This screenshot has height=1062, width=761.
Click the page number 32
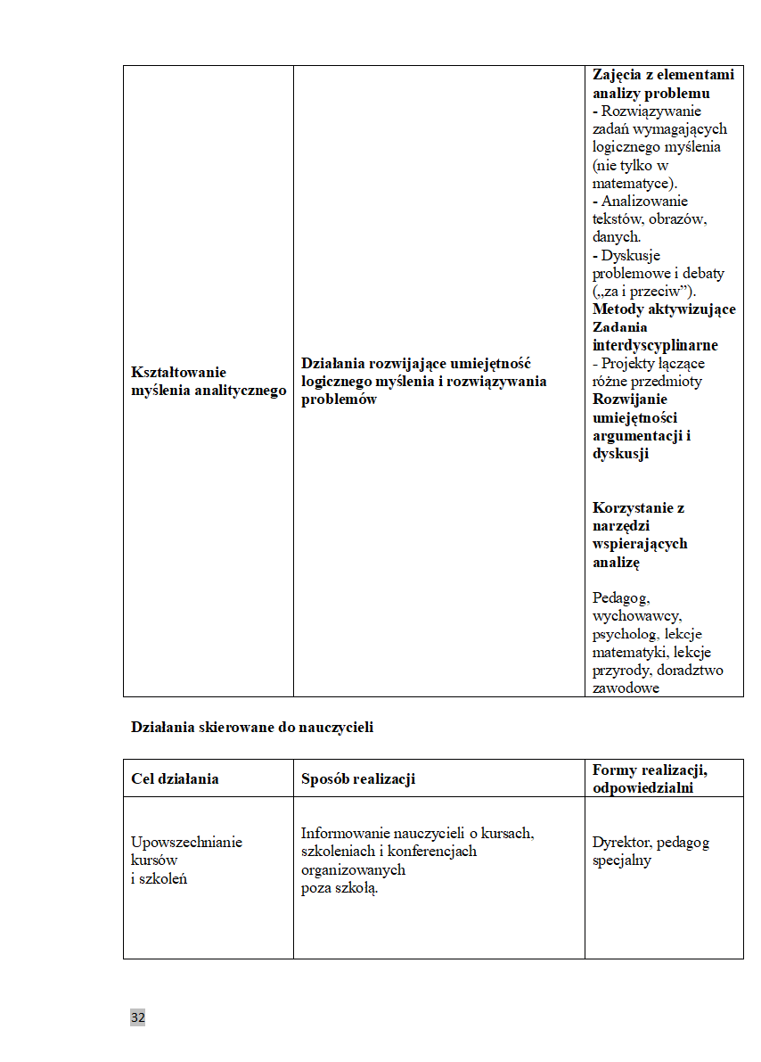click(137, 1017)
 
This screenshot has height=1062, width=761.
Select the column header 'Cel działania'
click(175, 778)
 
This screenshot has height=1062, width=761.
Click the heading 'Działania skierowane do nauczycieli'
click(252, 727)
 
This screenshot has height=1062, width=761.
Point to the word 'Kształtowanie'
click(179, 372)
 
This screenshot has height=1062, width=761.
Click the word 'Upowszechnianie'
click(186, 842)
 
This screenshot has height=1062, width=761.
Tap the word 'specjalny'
click(622, 860)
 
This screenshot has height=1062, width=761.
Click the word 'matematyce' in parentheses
click(630, 183)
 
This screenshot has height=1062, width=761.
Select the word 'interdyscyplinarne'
click(655, 345)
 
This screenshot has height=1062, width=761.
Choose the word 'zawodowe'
click(626, 687)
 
